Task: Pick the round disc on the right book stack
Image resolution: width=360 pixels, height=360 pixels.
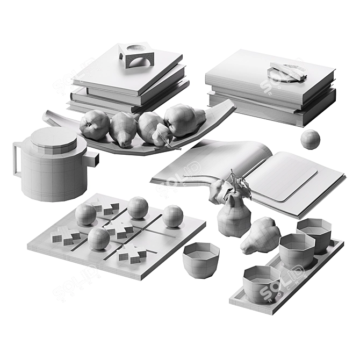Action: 287,71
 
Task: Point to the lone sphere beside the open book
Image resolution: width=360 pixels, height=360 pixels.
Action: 310,139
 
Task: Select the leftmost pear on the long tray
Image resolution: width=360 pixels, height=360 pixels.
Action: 94,125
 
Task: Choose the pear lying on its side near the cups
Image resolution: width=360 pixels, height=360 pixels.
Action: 260,236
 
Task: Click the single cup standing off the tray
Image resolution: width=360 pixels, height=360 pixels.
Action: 200,259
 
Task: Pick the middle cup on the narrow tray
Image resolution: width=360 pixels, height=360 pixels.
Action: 296,249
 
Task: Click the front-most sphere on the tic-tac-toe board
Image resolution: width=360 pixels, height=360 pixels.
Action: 99,239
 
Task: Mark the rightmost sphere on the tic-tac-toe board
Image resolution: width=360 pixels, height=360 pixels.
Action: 172,216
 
